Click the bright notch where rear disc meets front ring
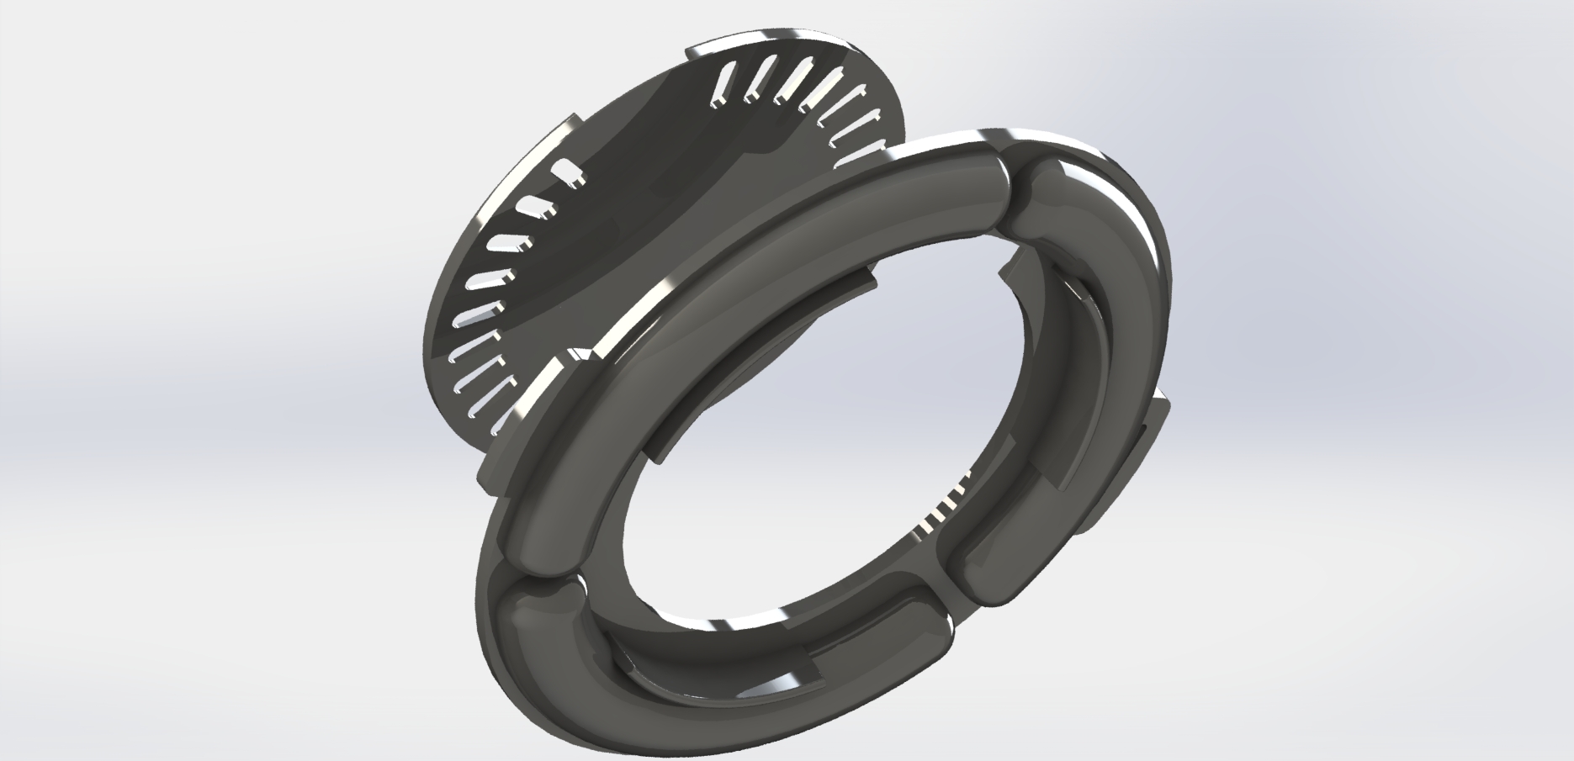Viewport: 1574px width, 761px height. pos(580,357)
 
